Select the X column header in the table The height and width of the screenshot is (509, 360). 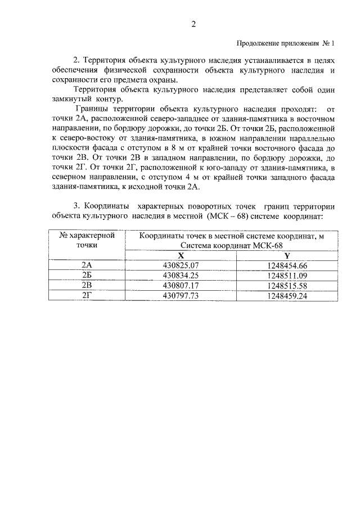181,255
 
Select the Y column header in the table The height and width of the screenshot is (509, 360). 287,255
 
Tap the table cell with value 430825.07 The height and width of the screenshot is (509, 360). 181,265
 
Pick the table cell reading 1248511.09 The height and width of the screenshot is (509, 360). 287,275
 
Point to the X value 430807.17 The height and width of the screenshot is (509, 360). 181,285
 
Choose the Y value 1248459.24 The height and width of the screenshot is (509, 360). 287,295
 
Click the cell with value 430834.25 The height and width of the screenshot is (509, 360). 181,275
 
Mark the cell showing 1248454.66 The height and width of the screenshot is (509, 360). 287,265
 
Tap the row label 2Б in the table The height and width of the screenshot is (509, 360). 87,275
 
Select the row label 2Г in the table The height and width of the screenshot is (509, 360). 87,295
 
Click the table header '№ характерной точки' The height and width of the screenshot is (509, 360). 87,240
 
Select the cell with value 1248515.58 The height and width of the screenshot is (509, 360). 287,285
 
